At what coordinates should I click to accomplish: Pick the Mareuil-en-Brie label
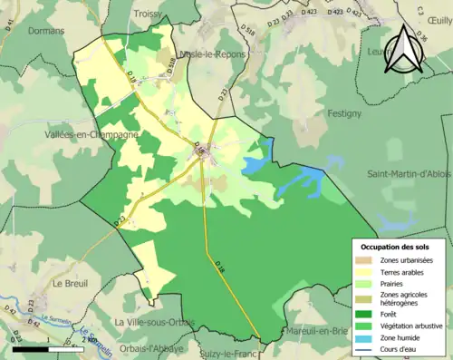tap(316, 332)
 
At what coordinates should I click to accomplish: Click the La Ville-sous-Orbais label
tap(154, 322)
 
